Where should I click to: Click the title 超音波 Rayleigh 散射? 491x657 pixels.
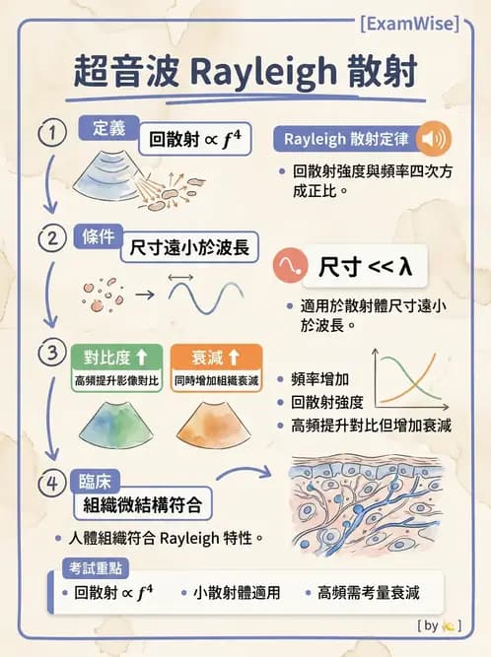click(245, 72)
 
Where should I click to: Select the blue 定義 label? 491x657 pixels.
click(107, 128)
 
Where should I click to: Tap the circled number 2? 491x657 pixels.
click(47, 237)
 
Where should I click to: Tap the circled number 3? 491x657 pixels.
click(47, 351)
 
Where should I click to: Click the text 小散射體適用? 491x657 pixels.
click(237, 593)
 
